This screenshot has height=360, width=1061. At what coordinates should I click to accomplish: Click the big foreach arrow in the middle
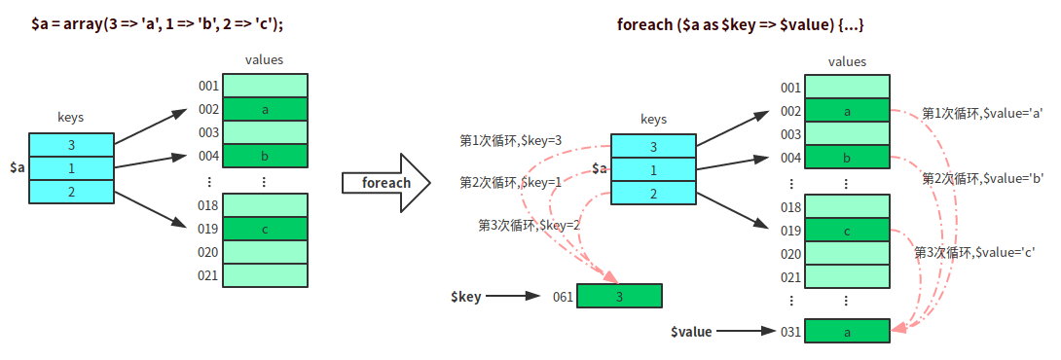pos(386,183)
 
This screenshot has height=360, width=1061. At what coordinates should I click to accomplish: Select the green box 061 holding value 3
pos(619,296)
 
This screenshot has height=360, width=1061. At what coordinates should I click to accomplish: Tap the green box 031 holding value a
pos(847,331)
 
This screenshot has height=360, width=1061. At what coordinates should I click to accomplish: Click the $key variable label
pos(466,297)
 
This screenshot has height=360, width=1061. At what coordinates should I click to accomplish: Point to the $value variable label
pos(691,332)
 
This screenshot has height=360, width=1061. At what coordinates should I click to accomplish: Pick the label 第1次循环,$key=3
pos(511,141)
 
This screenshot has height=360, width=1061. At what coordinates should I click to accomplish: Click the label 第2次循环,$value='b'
pos(984,179)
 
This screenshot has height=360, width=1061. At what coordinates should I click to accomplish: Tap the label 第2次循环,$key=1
pos(511,182)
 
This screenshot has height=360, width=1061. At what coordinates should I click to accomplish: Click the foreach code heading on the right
pos(741,25)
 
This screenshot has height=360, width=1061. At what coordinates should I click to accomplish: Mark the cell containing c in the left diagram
pos(265,229)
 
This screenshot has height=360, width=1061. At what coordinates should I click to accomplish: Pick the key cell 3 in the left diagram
pos(71,144)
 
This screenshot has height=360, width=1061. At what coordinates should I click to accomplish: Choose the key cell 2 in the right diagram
pos(653,194)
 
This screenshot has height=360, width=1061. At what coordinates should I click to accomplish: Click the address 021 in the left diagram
pos(208,275)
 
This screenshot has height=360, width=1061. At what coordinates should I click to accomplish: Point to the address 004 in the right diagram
pos(791,158)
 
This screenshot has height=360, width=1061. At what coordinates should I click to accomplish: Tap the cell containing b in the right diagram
pos(847,158)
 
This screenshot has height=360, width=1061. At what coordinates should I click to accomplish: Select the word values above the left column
pos(265,60)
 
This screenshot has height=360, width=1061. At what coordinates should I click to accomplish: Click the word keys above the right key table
pos(654,119)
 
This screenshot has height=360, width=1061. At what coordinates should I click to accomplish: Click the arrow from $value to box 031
pos(745,332)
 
